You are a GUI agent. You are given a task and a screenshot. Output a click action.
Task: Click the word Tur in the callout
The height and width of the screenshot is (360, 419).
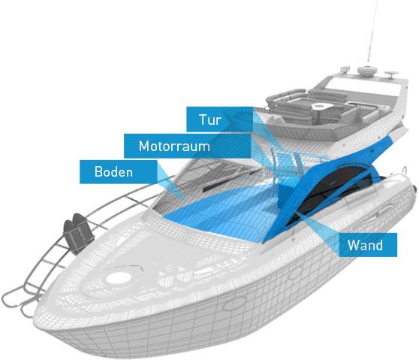(210, 119)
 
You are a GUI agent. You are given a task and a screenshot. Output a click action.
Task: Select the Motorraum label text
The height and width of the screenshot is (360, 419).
(174, 147)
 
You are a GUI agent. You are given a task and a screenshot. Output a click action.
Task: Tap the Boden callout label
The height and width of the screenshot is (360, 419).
(119, 171)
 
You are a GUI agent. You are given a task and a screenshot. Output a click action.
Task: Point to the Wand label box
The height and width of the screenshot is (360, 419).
(368, 245)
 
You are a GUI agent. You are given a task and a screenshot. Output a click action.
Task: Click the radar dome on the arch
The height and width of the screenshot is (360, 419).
(367, 71)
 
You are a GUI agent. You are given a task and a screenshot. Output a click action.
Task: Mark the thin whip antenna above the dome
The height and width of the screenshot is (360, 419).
(372, 32)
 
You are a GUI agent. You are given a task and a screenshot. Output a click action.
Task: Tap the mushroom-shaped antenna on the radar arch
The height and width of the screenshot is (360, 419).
(391, 74)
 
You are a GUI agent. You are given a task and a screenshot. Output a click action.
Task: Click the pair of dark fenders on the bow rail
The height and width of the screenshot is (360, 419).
(78, 233)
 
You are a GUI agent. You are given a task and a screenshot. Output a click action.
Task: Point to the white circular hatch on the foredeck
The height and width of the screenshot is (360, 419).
(119, 277)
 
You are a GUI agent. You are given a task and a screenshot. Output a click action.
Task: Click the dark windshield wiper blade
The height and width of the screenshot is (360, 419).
(231, 180)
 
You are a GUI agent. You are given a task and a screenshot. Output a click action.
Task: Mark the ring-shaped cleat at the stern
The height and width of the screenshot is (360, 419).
(405, 170)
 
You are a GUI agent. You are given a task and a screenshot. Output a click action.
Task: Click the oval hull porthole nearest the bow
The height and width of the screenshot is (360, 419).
(234, 304)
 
